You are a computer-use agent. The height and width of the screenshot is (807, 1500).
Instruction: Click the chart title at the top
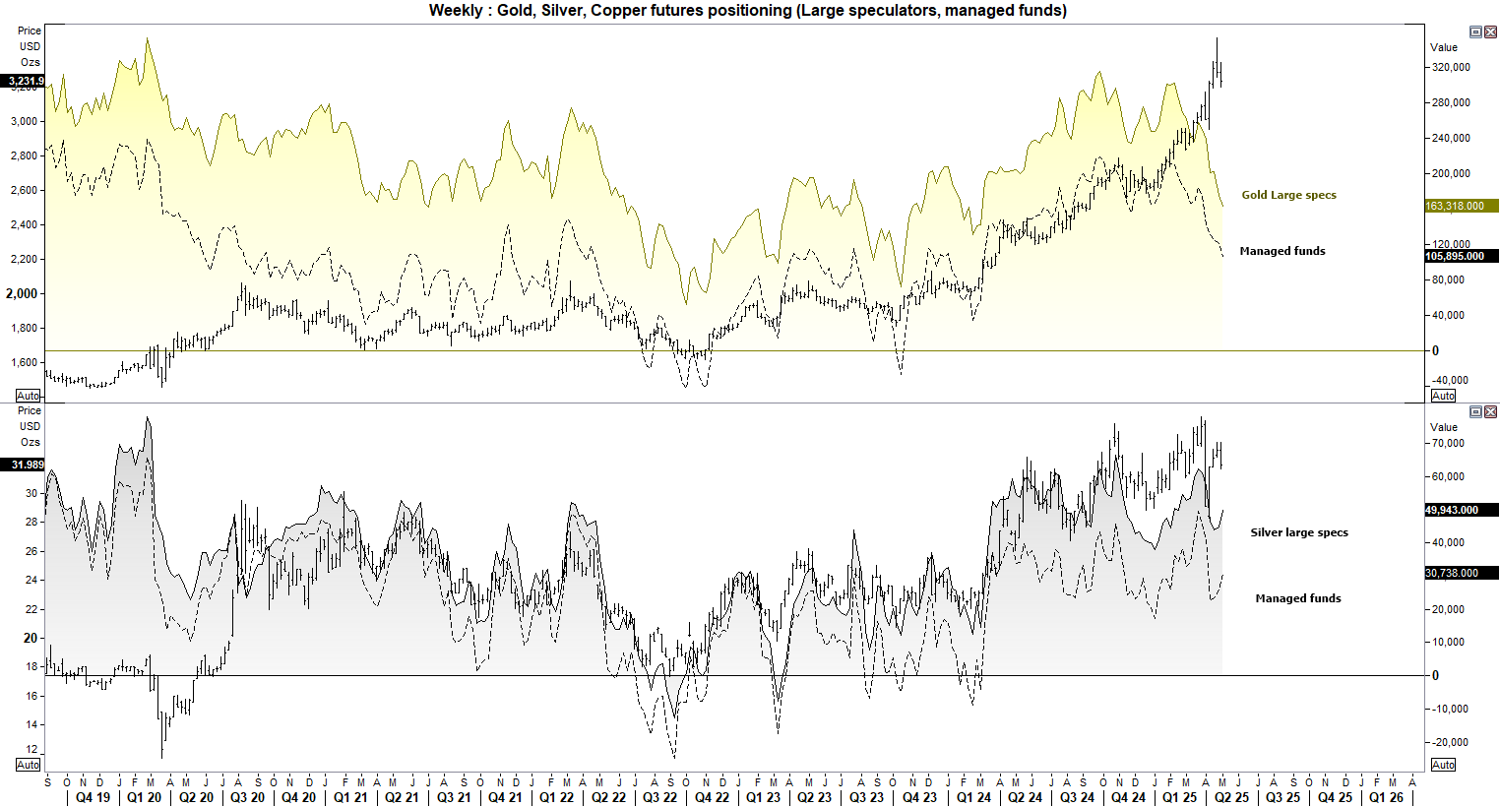coord(748,11)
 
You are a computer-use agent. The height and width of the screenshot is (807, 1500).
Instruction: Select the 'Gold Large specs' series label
coord(1288,195)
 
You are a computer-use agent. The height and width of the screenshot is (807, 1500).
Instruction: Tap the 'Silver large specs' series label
coord(1299,532)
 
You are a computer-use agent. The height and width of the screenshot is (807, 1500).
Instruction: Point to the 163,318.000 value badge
coord(1461,206)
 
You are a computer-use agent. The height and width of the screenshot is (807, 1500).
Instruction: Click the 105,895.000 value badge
coord(1461,256)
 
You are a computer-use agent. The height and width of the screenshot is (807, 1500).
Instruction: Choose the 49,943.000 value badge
coord(1461,510)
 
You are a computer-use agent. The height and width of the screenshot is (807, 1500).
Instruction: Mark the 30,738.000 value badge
coord(1461,573)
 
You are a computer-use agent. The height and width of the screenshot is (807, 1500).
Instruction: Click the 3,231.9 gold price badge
coord(24,81)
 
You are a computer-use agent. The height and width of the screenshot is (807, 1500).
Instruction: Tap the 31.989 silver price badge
coord(26,465)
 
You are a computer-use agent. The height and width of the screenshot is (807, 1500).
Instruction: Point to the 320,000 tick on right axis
coord(1452,67)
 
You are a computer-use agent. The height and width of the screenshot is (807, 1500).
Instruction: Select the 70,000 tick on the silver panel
coord(1448,444)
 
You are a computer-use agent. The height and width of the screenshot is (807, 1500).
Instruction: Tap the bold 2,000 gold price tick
coord(22,293)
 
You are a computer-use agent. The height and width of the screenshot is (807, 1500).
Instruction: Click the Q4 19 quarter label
coord(94,797)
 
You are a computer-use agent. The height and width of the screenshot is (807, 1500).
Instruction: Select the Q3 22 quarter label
coord(659,797)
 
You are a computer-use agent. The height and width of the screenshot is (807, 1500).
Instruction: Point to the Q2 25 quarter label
coord(1231,797)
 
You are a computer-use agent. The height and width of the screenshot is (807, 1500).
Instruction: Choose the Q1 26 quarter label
coord(1386,797)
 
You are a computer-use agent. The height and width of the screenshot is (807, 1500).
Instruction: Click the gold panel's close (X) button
coord(1490,32)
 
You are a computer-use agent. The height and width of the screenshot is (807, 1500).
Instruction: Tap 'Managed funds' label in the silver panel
coord(1297,598)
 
